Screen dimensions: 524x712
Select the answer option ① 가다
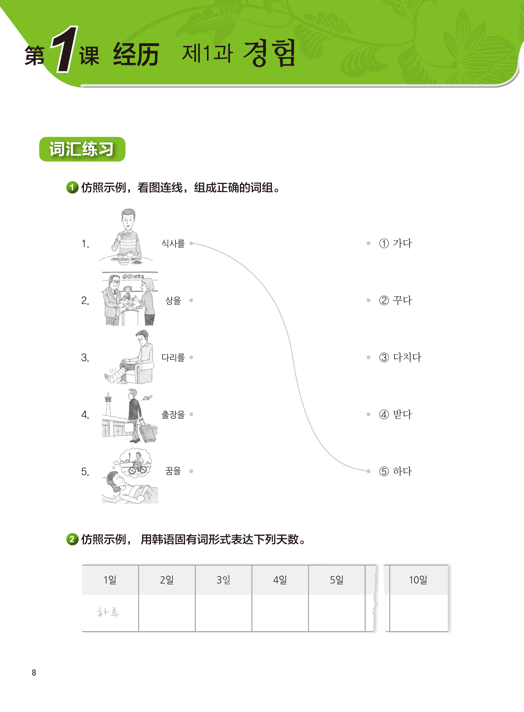396,243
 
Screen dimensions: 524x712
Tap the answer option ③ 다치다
400,357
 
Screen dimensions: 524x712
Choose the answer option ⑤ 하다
396,471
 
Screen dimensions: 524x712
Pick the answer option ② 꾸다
396,300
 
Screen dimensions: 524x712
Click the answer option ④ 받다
396,414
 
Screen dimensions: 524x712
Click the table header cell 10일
418,580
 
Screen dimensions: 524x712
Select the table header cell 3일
224,580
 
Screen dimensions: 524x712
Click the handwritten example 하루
108,612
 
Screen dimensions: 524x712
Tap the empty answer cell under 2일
167,613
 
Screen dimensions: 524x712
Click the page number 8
34,673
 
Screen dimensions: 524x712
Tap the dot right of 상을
191,300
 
